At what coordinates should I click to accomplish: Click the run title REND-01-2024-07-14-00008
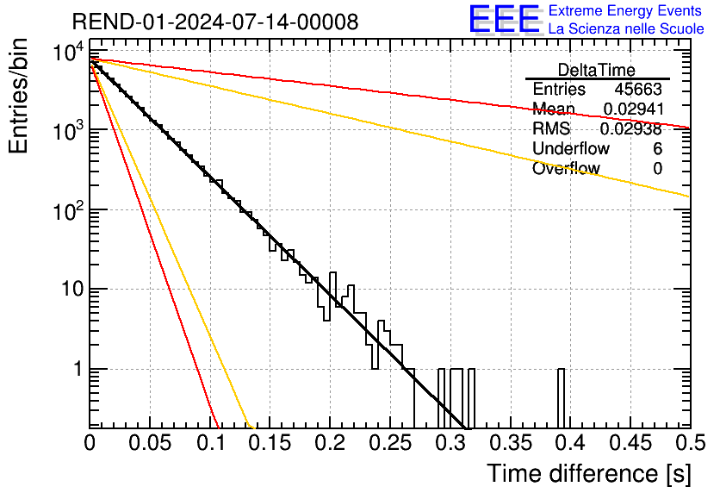tap(215, 22)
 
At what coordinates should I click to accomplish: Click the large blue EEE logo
tap(504, 20)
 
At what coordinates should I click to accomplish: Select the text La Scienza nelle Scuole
tap(625, 28)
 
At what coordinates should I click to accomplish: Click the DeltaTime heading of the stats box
tap(597, 70)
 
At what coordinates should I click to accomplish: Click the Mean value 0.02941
tap(631, 109)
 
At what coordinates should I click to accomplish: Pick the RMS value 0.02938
tap(631, 129)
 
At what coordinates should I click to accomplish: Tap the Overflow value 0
tap(657, 169)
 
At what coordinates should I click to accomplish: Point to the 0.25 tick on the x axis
tap(389, 444)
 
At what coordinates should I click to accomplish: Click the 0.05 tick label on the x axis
tap(150, 444)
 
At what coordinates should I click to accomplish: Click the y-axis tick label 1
tap(76, 369)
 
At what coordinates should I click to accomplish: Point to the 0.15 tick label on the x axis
tap(270, 444)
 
